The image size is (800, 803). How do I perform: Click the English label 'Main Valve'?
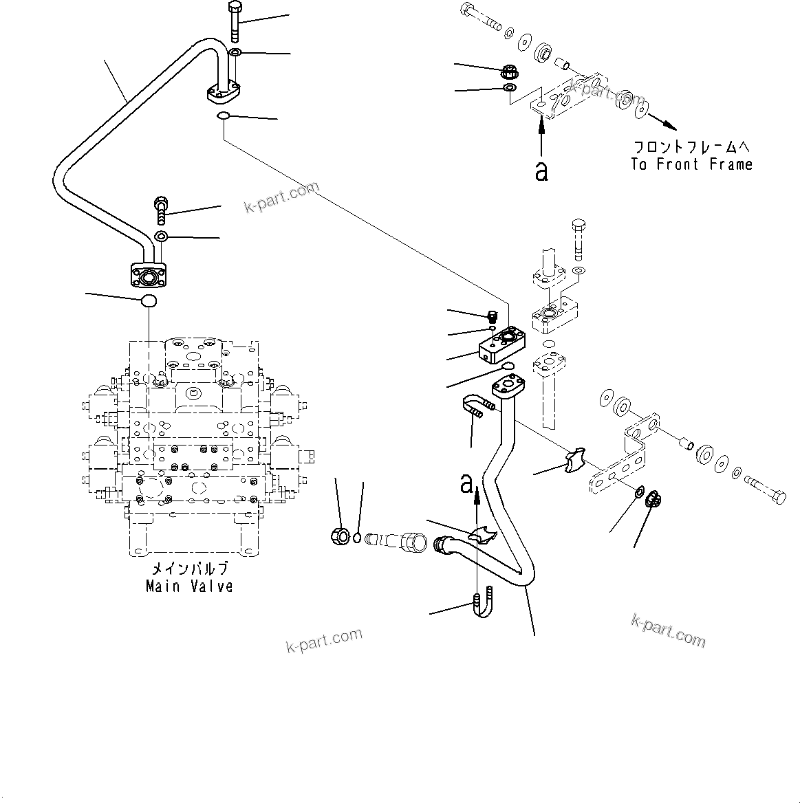[x=189, y=586]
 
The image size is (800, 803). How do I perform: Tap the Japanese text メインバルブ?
[x=189, y=569]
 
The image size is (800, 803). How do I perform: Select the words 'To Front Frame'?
[x=691, y=164]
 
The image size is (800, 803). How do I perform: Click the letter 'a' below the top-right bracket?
[x=541, y=171]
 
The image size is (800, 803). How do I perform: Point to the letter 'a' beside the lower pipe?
[x=467, y=484]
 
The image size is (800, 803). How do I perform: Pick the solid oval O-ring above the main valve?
[x=149, y=300]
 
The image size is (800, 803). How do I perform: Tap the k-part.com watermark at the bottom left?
[x=323, y=641]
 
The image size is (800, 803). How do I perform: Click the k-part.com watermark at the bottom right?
[x=668, y=630]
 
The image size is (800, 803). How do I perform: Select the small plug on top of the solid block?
[x=491, y=318]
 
